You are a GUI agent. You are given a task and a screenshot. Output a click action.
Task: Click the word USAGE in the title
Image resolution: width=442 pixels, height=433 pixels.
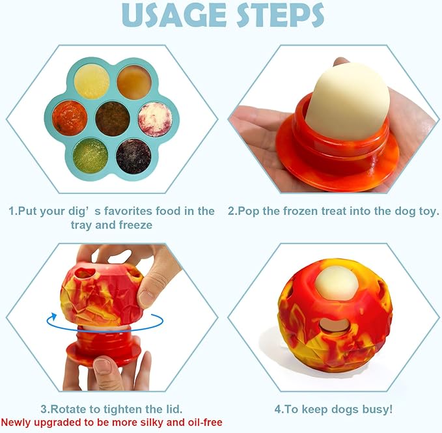coord(174,15)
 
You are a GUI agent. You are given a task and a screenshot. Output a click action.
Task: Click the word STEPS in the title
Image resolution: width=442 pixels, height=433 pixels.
coord(280,15)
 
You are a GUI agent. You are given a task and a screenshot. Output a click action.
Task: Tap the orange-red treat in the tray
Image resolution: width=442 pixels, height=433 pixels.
coord(70,117)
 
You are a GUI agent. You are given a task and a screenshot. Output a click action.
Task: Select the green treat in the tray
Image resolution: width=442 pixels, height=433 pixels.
coord(90,155)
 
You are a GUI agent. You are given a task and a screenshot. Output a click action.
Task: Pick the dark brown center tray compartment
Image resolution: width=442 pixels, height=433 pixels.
coord(113,119)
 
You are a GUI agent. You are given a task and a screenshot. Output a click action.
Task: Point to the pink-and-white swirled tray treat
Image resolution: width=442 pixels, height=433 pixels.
coord(156,119)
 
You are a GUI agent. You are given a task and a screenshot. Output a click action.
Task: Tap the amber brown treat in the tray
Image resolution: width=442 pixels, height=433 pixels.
coord(135,82)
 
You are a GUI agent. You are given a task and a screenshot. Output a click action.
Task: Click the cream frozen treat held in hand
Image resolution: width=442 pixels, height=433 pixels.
coord(348,102)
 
